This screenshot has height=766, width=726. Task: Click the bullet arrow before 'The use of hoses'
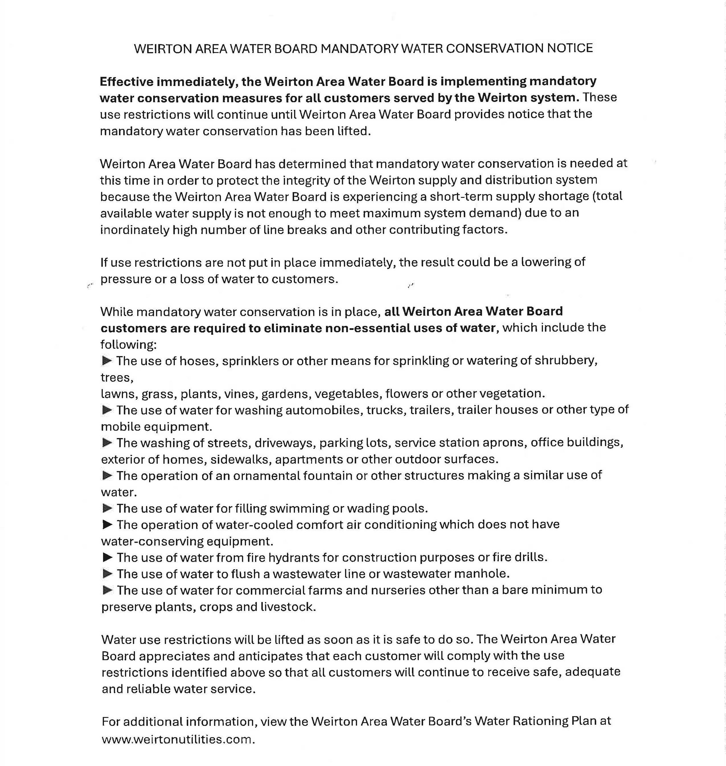107,361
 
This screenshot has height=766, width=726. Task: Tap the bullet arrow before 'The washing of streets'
107,442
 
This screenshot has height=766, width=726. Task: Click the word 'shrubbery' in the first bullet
565,361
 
